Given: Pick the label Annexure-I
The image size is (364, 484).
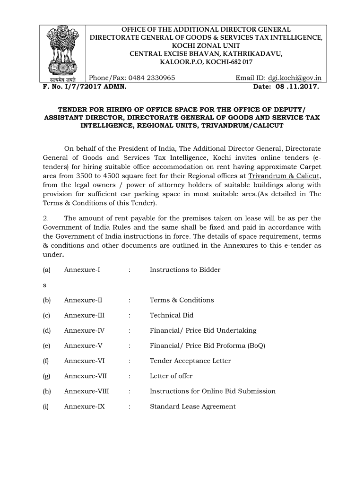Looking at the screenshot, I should [82, 270].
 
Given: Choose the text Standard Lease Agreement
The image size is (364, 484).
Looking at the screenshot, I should [192, 406].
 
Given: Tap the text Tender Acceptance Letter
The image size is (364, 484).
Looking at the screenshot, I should [190, 361].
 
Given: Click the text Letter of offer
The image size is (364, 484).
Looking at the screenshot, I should [171, 376].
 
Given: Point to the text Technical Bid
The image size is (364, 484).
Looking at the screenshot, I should [171, 315].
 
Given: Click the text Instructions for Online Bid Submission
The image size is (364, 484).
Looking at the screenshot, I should [212, 391].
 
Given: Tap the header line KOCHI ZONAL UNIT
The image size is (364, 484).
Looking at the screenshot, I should [206, 46].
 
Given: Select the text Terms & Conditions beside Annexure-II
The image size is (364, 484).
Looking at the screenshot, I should [182, 300].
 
